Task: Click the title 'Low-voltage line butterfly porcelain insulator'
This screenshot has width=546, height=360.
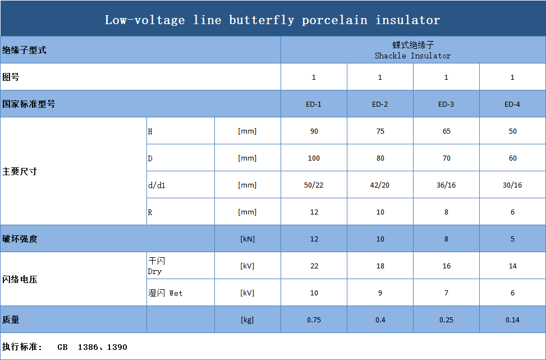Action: point(273,20)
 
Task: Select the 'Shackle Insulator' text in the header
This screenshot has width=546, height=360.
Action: point(412,56)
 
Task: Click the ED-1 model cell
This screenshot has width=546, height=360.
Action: point(314,104)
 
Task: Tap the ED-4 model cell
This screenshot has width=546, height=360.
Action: point(512,104)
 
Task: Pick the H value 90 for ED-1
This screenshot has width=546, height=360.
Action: point(314,131)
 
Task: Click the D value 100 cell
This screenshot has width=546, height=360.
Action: point(314,158)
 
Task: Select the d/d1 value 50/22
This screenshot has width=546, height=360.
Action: point(314,185)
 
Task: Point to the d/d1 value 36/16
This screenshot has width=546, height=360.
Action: point(446,185)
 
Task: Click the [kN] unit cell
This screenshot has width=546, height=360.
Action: point(247,239)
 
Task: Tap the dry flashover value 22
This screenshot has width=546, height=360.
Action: point(314,266)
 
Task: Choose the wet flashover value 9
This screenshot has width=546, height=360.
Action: point(380,293)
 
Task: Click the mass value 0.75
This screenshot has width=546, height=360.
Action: point(314,320)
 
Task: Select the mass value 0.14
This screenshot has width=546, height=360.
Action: point(512,320)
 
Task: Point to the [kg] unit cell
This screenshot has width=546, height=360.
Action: point(247,320)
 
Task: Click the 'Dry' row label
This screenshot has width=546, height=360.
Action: point(155,271)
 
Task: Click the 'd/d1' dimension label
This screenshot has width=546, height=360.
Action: point(157,185)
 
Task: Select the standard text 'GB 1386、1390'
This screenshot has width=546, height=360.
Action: point(92,347)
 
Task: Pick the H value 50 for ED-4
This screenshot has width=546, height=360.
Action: point(512,131)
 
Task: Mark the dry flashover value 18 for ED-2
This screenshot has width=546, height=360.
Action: point(380,266)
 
